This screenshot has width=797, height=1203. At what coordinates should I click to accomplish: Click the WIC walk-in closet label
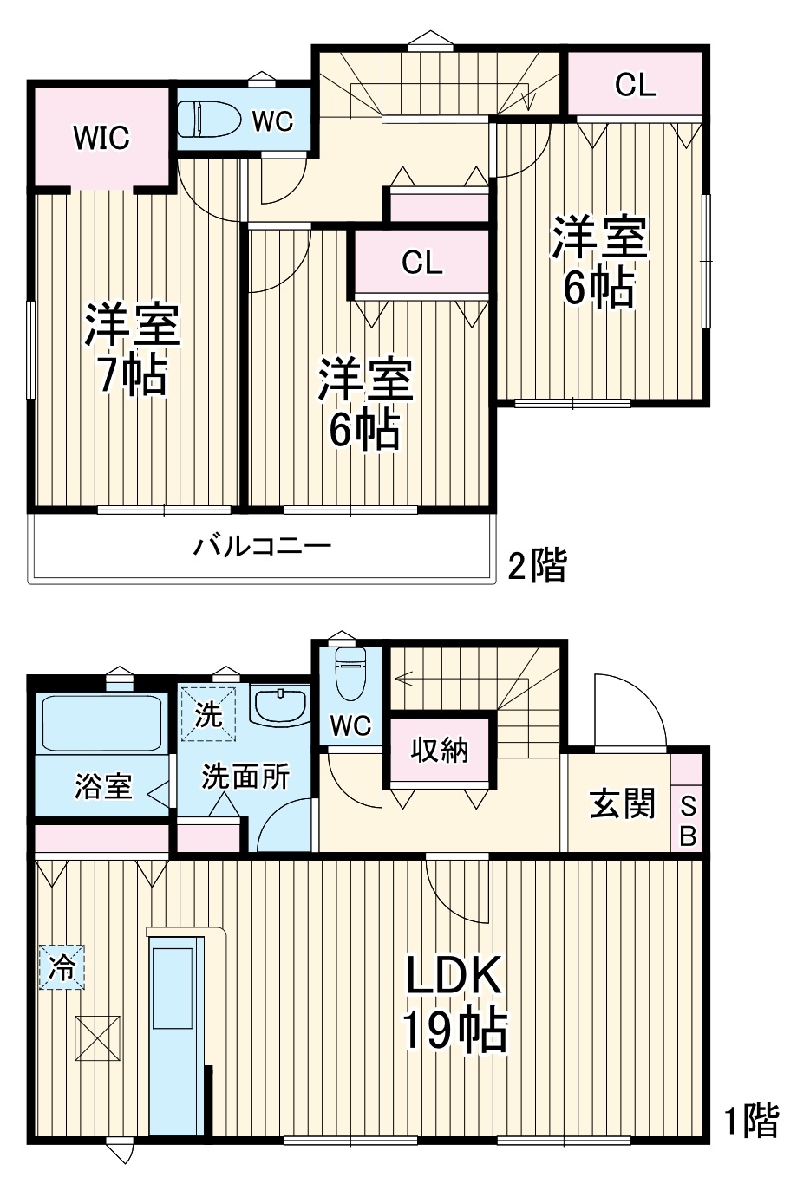pos(101,137)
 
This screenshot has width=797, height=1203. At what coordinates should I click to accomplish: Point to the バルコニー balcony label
pos(262,547)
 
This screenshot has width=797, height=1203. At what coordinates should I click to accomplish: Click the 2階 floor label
pos(537,568)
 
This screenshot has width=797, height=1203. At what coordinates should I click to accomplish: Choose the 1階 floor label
pos(751,1122)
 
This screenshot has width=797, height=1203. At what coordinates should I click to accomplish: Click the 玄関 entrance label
pos(622,804)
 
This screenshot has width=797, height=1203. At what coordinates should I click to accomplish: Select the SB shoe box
pos(687,820)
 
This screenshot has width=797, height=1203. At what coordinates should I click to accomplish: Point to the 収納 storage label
pos(441,750)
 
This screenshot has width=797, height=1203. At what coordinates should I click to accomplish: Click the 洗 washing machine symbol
pos(208,714)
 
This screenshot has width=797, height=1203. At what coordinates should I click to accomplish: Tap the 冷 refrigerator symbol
pos(62,966)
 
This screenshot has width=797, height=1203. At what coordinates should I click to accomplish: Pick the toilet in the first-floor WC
pos(350,673)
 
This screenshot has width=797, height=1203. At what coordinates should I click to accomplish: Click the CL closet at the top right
pos(635,84)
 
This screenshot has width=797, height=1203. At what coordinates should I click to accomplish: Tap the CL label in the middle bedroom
pos(421,263)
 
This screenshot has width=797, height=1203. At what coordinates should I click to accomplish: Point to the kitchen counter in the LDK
pos(173,1031)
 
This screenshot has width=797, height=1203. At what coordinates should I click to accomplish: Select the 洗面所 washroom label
pos(245,777)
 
